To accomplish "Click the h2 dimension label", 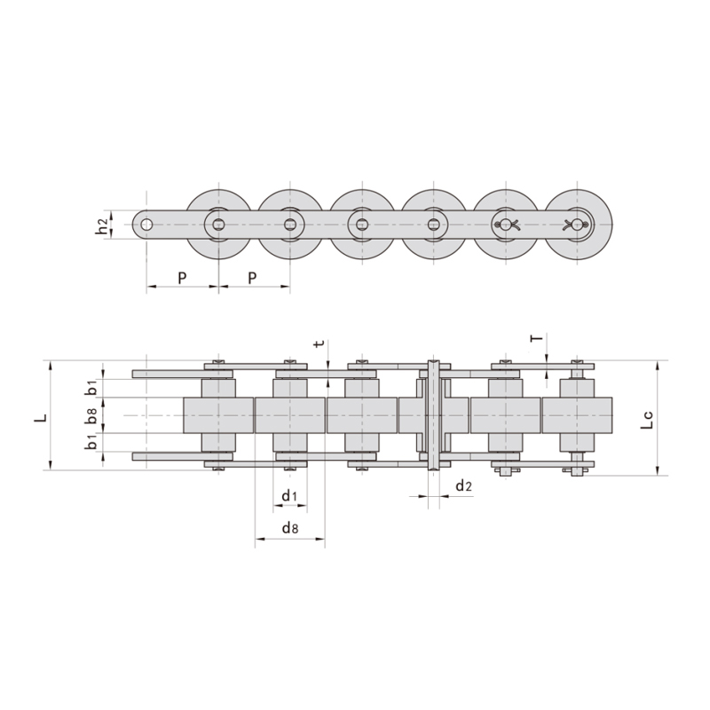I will point(103,226).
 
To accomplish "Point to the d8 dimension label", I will point(289,528).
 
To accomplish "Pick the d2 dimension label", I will point(462,485).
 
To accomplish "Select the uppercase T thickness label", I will point(534,339).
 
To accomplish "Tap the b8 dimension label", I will point(91,414).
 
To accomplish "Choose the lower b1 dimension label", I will point(91,442).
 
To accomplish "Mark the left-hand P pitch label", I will point(182,278).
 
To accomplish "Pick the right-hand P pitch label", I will point(253,278).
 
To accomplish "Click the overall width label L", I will point(39,415).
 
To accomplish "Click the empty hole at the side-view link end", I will point(146,225).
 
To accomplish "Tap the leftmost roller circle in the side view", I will point(218,224).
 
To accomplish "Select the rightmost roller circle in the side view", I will point(578,224).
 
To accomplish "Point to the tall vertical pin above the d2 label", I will point(434,415).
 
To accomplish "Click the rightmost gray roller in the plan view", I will point(577,414).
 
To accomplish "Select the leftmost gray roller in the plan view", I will point(218,414).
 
